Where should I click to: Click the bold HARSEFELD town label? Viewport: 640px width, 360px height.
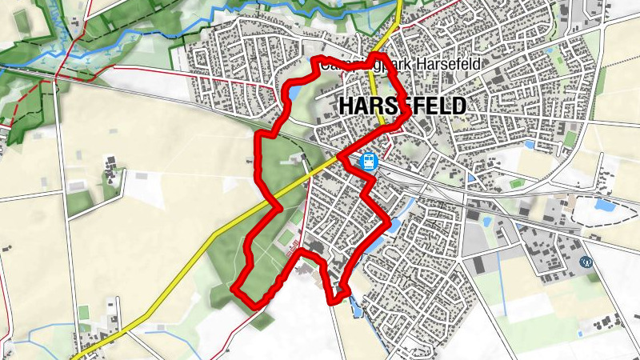point(402,106)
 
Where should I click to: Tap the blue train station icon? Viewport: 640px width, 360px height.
point(368,161)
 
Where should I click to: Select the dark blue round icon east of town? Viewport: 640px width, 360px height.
point(586,261)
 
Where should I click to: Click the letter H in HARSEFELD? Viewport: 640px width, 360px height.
point(346,106)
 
